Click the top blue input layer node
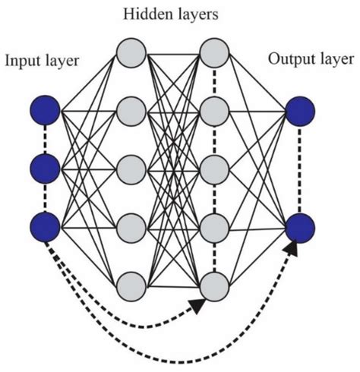[46, 112]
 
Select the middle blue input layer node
[46, 169]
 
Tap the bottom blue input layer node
[46, 225]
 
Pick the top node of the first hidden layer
[130, 53]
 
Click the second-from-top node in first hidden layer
[130, 111]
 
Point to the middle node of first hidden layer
[130, 169]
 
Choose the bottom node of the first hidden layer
[130, 283]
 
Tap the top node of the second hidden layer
[214, 53]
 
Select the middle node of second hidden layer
[214, 169]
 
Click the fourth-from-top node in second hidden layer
[214, 225]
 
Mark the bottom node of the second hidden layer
[214, 283]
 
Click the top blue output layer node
[299, 112]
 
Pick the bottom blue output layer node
[299, 225]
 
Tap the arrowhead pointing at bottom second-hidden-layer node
[197, 304]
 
